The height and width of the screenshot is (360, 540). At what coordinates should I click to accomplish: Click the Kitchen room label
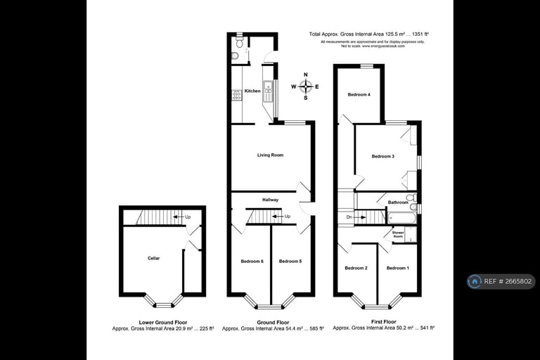[252, 91]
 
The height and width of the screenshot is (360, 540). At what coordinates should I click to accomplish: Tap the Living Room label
[270, 155]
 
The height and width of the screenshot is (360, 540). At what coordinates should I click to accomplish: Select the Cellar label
[153, 258]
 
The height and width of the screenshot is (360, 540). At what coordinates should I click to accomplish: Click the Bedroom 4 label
[359, 94]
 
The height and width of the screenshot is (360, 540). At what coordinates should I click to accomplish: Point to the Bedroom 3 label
[382, 156]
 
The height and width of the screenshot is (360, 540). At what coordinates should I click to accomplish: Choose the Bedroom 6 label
[252, 261]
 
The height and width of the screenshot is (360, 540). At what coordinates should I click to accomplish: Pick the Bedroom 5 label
[290, 261]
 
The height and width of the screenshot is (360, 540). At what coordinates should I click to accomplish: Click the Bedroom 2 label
[356, 268]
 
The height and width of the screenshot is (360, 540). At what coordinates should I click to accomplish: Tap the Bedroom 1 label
[397, 268]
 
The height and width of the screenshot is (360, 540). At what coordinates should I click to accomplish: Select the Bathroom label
[398, 202]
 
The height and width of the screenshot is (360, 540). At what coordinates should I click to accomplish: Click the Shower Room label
[398, 234]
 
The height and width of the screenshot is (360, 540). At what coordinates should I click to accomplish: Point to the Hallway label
[270, 200]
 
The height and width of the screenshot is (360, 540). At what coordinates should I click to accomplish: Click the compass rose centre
[305, 86]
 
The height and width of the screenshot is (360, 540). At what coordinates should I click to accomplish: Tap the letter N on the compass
[305, 75]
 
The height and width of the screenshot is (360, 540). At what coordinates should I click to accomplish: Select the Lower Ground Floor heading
[162, 321]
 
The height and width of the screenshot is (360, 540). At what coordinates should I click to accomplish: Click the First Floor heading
[383, 321]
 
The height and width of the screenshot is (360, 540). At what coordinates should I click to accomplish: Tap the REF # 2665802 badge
[501, 281]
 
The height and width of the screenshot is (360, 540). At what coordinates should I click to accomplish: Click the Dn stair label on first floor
[349, 217]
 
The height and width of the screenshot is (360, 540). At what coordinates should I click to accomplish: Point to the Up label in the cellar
[187, 217]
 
